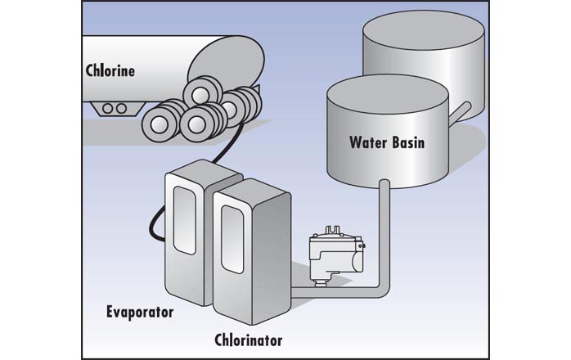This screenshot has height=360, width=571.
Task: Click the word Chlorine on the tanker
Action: pyautogui.click(x=110, y=70)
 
